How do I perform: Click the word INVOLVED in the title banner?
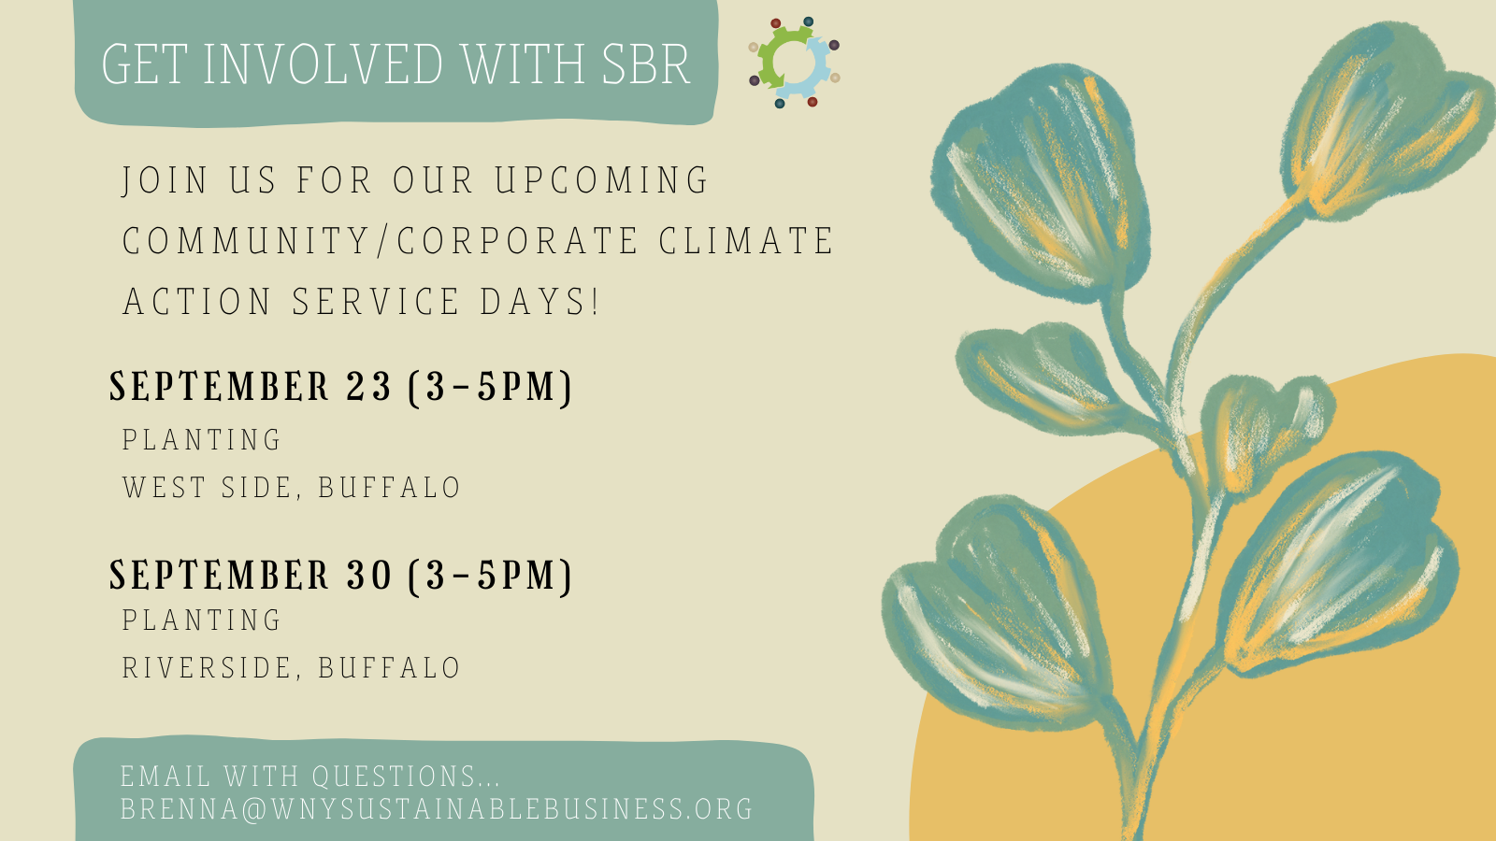324,64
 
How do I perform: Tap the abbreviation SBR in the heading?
646,64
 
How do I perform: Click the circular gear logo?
794,63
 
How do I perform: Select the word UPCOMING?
601,180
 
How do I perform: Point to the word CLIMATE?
746,240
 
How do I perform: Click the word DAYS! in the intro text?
539,301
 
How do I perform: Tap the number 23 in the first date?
368,387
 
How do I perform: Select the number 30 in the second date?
369,575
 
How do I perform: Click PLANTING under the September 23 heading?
201,440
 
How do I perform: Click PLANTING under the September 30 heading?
201,620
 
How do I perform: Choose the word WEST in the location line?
165,487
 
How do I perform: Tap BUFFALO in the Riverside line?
389,667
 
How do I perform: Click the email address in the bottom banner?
437,808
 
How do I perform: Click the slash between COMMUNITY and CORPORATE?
382,240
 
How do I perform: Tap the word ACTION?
197,301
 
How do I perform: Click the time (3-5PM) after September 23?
490,387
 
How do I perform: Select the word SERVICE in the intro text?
376,301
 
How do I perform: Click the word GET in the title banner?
144,64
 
